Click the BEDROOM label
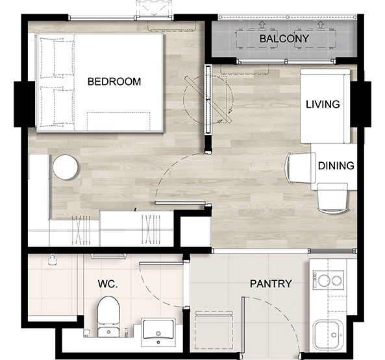[x=114, y=82]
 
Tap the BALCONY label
[x=284, y=39]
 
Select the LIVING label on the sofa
[x=323, y=104]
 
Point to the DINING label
[x=336, y=166]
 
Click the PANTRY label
[x=271, y=283]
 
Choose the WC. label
[x=108, y=284]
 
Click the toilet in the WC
[x=108, y=317]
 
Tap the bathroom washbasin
[x=158, y=332]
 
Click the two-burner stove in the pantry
[x=328, y=280]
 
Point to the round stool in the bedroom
[x=66, y=167]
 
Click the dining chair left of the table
[x=300, y=167]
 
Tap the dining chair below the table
[x=332, y=198]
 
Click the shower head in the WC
[x=52, y=260]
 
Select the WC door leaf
[x=161, y=263]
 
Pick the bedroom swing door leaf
[x=180, y=203]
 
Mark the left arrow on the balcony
[x=262, y=24]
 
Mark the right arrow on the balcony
[x=320, y=24]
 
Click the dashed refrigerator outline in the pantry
[x=214, y=330]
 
